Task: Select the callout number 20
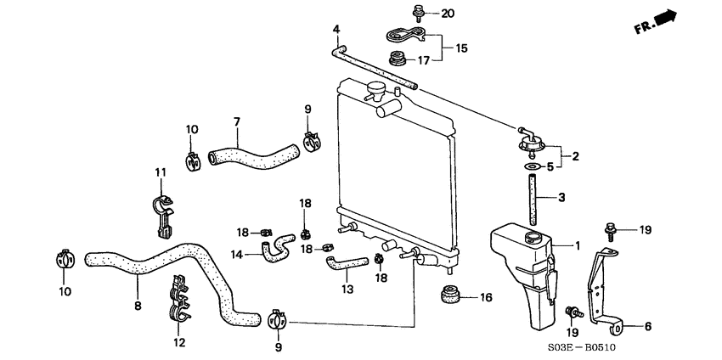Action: pos(448,13)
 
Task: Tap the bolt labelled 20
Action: pos(417,12)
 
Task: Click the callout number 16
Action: pos(486,297)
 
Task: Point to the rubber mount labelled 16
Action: pos(449,295)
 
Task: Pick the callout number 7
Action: pos(237,122)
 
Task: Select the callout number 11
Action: pos(158,173)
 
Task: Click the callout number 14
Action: pos(237,253)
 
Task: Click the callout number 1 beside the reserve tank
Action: pos(578,245)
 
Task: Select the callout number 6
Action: pos(648,326)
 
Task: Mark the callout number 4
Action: pos(336,30)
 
